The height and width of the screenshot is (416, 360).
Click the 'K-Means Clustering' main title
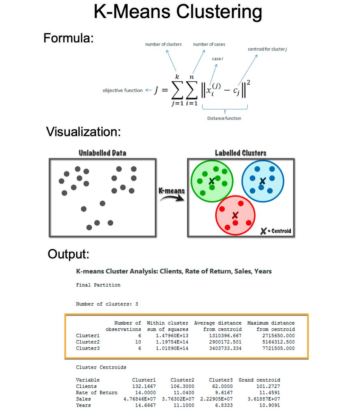click(x=178, y=12)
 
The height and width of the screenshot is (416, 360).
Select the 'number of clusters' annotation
click(x=163, y=44)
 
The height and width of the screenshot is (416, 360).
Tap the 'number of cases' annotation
click(x=209, y=44)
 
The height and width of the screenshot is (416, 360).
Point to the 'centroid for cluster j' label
click(x=267, y=49)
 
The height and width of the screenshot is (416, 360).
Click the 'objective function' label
click(x=122, y=90)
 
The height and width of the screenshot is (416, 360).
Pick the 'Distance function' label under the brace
click(x=224, y=118)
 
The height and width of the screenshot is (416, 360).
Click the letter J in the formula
click(x=156, y=90)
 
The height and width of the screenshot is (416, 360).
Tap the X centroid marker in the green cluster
click(x=212, y=181)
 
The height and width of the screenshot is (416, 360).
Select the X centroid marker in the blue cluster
click(x=263, y=181)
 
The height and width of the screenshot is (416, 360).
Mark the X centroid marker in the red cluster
click(x=235, y=215)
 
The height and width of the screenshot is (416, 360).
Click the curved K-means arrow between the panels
click(x=172, y=198)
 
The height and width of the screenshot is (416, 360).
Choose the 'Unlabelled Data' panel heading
click(x=102, y=153)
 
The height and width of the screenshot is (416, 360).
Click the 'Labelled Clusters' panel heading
click(x=240, y=153)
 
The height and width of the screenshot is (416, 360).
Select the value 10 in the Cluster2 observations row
click(x=138, y=342)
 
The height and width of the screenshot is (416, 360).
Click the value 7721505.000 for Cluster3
click(x=278, y=348)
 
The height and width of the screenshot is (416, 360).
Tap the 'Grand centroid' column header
click(x=259, y=380)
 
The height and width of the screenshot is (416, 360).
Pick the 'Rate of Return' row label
click(x=96, y=392)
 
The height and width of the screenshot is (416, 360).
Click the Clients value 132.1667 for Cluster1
click(x=144, y=386)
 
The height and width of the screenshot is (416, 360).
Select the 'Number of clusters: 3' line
click(x=107, y=304)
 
